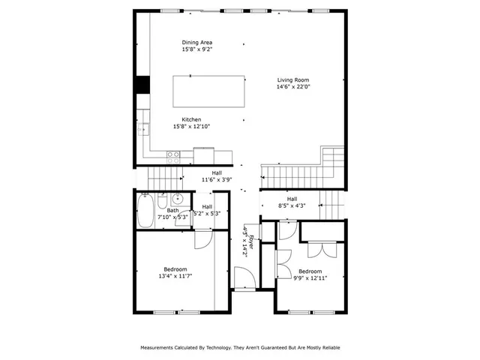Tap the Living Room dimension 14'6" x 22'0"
coord(293,87)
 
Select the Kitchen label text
coord(192,120)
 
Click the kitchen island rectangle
coord(209,91)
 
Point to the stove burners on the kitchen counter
coord(173,156)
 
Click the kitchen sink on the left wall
coord(142,130)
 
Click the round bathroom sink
coord(177,199)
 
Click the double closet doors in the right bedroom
coord(321,250)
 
